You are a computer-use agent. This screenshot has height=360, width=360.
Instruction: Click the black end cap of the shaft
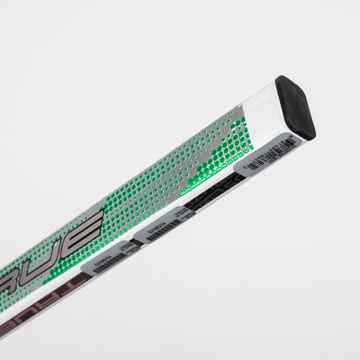(x=296, y=106)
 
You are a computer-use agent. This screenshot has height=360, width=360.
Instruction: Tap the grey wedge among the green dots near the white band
(x=220, y=135)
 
